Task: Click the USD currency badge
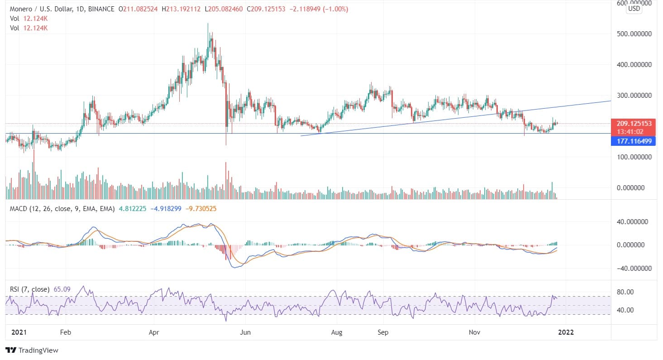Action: point(634,9)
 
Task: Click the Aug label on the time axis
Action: point(336,332)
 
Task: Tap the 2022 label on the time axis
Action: point(566,332)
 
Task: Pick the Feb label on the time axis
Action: point(66,332)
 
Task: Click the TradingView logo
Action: point(32,350)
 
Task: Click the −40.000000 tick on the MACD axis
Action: point(633,268)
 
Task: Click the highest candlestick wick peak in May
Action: point(208,24)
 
